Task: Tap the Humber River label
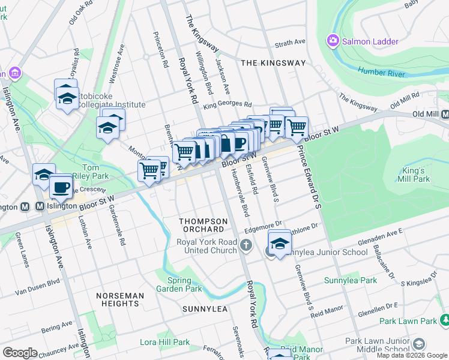[x=382, y=73]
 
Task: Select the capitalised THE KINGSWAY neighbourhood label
[x=273, y=63]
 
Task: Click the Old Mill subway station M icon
[x=445, y=114]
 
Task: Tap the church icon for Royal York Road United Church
[x=246, y=245]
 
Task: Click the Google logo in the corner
[x=20, y=353]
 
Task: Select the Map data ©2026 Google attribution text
[x=412, y=355]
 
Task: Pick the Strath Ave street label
[x=290, y=43]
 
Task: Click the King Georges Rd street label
[x=226, y=105]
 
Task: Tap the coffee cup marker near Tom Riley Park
[x=61, y=187]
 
